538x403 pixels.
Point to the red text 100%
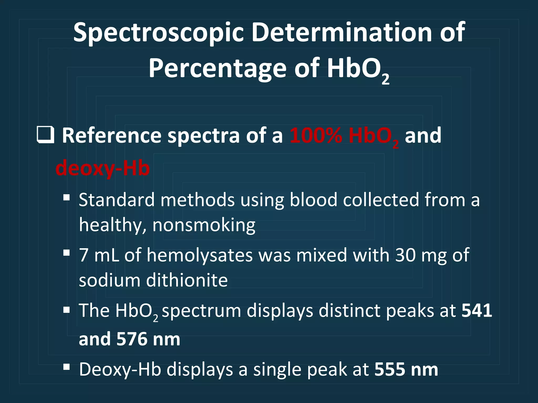(316, 136)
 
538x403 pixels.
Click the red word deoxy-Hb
(102, 168)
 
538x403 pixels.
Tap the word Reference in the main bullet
(111, 136)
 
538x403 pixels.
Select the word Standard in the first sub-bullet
(117, 200)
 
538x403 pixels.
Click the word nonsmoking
(204, 225)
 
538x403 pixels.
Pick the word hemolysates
(200, 255)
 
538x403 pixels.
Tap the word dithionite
(187, 280)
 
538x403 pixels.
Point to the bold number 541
(477, 310)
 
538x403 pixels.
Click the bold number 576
(132, 339)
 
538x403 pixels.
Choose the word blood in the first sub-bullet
(313, 200)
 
